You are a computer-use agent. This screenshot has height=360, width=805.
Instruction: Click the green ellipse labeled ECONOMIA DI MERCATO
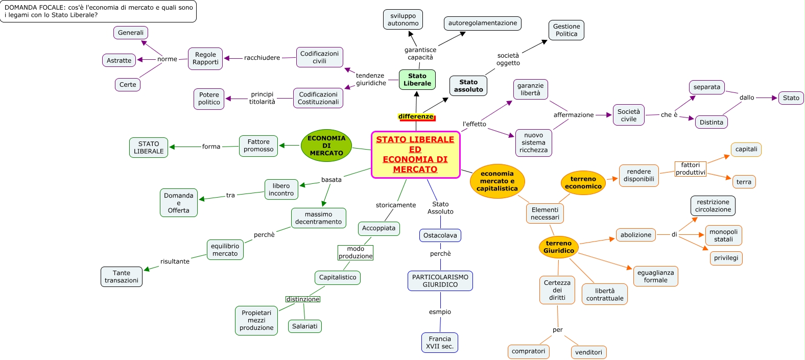point(326,146)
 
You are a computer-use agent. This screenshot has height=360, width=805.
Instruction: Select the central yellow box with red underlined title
point(415,154)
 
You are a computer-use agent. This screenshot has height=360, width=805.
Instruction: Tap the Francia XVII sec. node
point(440,343)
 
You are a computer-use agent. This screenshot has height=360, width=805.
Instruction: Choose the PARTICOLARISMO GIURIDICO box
point(440,281)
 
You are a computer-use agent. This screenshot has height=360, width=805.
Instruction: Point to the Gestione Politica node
point(566,30)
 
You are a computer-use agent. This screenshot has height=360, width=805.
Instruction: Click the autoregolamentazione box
point(482,23)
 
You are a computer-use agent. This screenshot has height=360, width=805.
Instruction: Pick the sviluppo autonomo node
point(403,19)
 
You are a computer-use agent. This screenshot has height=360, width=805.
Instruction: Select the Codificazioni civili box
point(319,57)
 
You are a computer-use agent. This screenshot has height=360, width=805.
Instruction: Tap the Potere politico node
point(209,99)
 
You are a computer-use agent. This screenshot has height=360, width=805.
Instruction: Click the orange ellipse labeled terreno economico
point(583,183)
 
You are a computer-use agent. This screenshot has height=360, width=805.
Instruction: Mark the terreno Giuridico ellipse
point(558,247)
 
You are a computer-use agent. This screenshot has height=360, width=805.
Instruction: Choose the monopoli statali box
point(723,235)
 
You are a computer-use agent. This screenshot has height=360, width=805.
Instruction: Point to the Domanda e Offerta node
point(178,203)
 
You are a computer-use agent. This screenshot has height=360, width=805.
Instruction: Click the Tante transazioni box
point(122,277)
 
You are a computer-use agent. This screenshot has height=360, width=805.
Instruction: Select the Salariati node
point(304,326)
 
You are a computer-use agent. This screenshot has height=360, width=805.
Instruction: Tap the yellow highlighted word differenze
point(416,116)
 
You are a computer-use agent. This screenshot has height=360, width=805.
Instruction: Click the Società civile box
point(628,115)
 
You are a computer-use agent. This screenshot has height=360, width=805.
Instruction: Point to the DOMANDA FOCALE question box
point(98,11)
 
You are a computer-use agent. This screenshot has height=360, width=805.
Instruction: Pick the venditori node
point(588,352)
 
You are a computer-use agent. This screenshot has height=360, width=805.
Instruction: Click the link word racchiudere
point(262,58)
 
